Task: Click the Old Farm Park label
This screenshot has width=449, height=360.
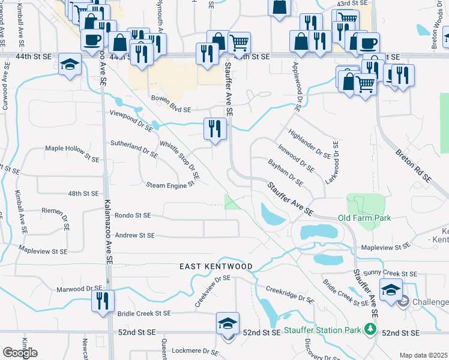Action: [x=364, y=218]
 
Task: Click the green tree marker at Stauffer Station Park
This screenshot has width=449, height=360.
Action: [x=371, y=329]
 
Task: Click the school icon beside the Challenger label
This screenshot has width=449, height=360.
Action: [x=391, y=292]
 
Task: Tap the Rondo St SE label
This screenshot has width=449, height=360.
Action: [x=133, y=215]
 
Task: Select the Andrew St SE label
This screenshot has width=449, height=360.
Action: [x=134, y=236]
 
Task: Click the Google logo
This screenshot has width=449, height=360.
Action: [x=20, y=352]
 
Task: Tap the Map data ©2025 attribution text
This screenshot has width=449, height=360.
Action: [x=423, y=355]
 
